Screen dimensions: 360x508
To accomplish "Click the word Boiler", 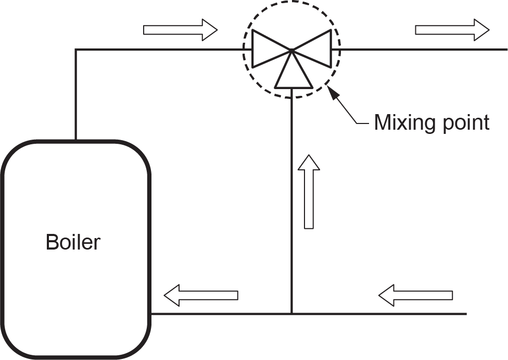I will click(x=73, y=242).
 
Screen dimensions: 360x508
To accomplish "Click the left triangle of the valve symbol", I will click(x=266, y=49).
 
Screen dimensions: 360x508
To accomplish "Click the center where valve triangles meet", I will click(x=292, y=50).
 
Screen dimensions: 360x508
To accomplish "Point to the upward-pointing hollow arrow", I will click(x=309, y=191).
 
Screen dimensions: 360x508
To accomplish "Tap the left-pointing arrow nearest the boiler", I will click(x=201, y=295).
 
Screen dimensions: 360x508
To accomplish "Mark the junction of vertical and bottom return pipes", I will click(x=292, y=314).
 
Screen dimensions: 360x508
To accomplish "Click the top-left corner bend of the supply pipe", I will click(x=77, y=49).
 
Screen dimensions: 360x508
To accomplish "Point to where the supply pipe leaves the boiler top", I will click(x=77, y=140).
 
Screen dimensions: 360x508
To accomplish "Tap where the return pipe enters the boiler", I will click(x=151, y=314).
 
